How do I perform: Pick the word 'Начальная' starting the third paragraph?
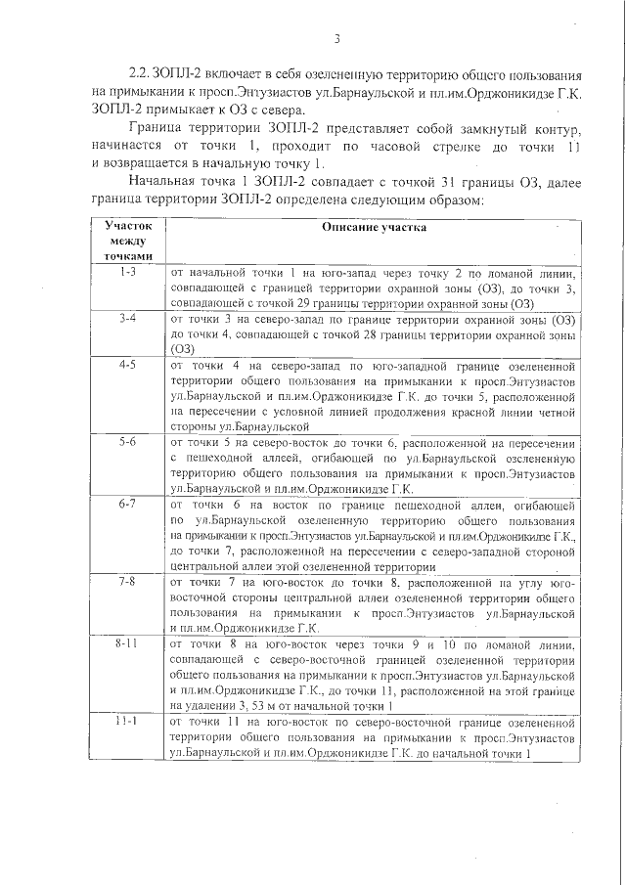point(161,182)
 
